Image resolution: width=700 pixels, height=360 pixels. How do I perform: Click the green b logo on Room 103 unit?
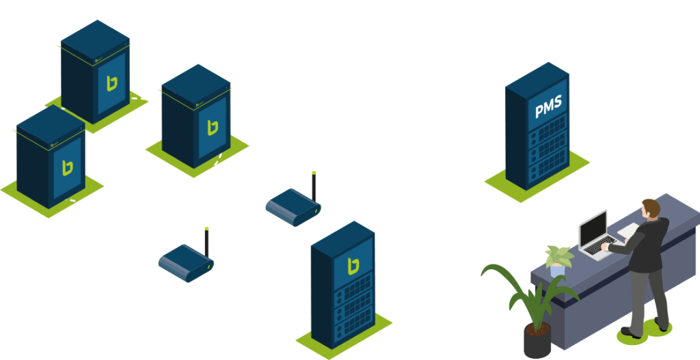click(68, 167)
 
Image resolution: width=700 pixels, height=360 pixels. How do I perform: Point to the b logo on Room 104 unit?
click(111, 83)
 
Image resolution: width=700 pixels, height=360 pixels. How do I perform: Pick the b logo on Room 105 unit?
click(213, 127)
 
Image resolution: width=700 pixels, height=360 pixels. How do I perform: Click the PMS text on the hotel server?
click(548, 107)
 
